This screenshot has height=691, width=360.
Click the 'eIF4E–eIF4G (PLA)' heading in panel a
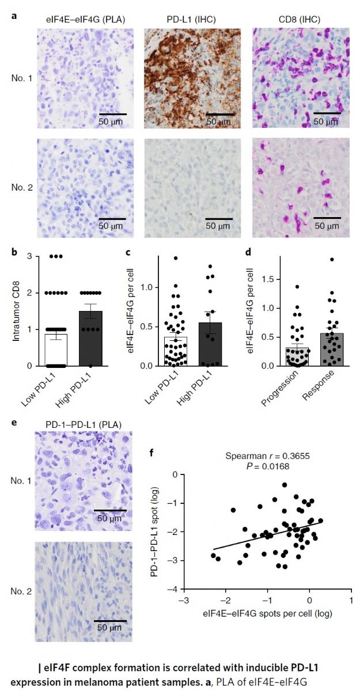(85, 20)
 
